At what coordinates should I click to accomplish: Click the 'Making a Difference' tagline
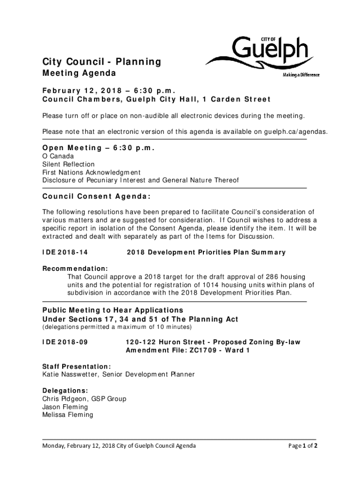(301, 75)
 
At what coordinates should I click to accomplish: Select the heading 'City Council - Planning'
(101, 62)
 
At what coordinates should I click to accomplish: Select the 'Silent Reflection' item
(68, 164)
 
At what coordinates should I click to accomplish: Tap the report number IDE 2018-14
(65, 253)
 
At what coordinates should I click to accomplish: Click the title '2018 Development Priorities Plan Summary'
(206, 253)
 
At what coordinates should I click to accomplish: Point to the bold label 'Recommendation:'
(75, 269)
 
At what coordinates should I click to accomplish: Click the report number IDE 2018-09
(65, 342)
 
